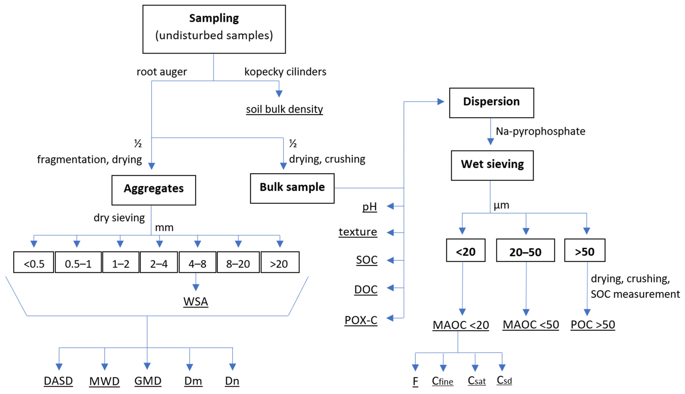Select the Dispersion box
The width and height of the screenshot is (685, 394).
[491, 103]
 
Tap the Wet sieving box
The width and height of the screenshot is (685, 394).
[492, 165]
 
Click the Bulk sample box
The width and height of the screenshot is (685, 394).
[292, 188]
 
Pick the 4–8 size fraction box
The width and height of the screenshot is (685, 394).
[197, 262]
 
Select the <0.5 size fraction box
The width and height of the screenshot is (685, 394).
[34, 262]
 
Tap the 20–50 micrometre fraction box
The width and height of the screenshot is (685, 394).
[525, 250]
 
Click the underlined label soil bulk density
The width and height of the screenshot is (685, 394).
[284, 109]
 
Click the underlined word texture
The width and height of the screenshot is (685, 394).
[358, 232]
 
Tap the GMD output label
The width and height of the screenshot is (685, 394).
[148, 381]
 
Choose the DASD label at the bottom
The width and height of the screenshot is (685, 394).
[58, 381]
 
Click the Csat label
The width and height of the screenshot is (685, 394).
[477, 381]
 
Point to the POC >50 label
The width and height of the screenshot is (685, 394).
[593, 325]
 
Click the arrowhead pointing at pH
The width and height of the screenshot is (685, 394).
[390, 206]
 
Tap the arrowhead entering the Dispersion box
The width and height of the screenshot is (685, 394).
[441, 102]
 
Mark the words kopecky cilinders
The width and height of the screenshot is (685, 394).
[285, 72]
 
